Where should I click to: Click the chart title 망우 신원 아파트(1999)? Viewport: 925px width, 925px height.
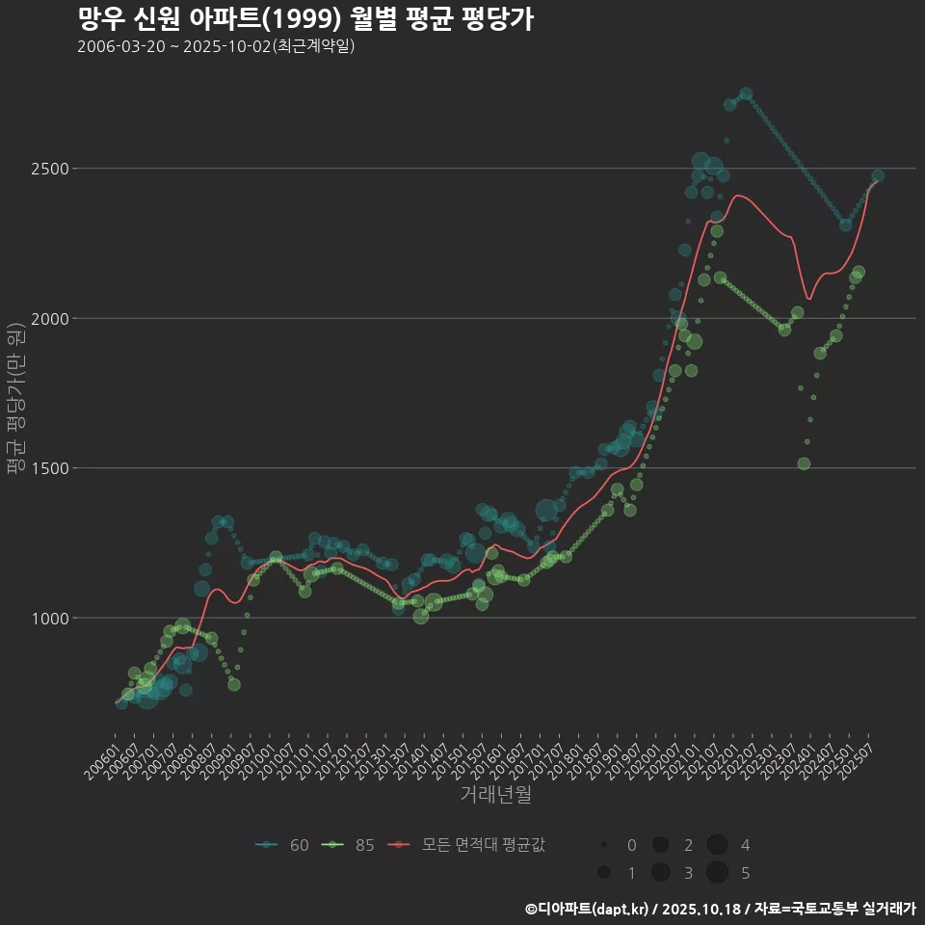[304, 19]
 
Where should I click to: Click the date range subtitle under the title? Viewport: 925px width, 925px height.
[216, 46]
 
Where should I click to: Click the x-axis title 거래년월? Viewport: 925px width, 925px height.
[496, 795]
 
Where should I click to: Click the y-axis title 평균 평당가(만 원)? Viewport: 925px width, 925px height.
[15, 400]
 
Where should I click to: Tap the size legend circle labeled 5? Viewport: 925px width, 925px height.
[717, 873]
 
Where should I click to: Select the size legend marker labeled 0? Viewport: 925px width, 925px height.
[603, 845]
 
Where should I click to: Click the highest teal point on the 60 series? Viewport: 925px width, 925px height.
[746, 93]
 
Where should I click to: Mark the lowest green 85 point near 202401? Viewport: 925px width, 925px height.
[804, 463]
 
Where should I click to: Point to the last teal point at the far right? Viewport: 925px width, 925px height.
[878, 176]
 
